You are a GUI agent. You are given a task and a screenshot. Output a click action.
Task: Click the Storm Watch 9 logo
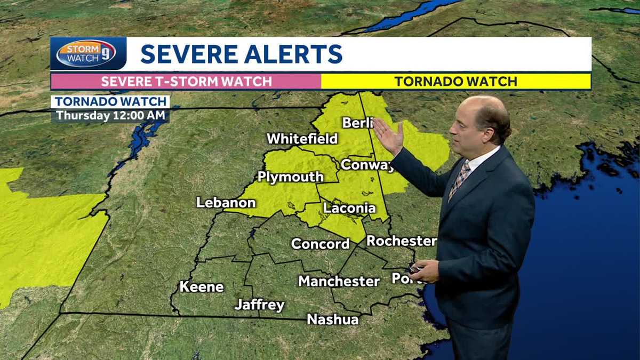86,54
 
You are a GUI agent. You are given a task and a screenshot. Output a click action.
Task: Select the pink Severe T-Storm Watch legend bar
186,82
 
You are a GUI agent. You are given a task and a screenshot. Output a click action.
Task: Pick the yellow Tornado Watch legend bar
455,82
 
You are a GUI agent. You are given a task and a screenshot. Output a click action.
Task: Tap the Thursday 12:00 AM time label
110,115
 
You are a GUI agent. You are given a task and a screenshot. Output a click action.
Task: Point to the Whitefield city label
302,139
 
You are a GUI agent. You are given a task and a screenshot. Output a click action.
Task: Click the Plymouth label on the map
290,177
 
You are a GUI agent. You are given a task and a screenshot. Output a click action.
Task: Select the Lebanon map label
226,203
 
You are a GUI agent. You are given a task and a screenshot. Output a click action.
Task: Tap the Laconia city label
349,208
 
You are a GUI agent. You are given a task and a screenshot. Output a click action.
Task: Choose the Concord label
320,244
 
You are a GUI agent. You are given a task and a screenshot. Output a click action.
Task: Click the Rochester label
401,241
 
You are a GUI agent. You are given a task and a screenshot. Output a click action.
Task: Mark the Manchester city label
339,281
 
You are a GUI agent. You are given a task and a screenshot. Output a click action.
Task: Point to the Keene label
201,287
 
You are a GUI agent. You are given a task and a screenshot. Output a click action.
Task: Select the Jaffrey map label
259,305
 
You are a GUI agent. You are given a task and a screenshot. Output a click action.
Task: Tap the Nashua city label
333,319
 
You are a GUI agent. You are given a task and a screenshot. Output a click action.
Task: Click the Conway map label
367,165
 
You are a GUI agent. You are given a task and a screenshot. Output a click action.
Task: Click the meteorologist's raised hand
388,136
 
